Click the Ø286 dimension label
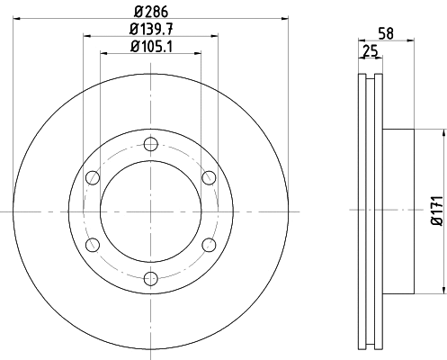point(149,12)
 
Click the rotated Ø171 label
point(436,210)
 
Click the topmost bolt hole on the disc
point(149,142)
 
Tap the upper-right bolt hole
point(209,176)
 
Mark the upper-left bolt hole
point(91,176)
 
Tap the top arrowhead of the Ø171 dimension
point(443,131)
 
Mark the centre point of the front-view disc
point(149,211)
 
